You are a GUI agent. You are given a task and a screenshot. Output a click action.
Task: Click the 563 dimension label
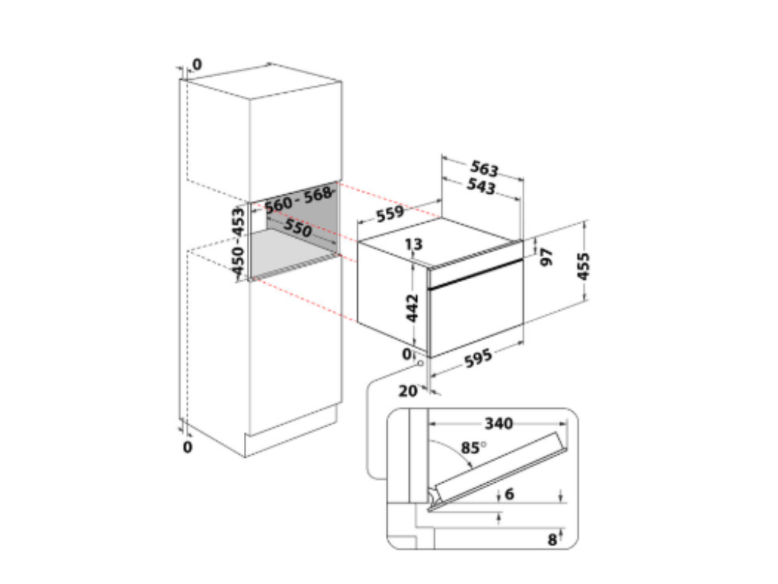tap(484, 168)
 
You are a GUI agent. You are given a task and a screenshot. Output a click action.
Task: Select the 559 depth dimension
tap(390, 214)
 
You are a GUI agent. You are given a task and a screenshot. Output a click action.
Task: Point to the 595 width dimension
tap(478, 358)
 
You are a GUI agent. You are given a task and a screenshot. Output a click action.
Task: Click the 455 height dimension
tap(583, 266)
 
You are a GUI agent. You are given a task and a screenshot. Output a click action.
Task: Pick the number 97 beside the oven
tap(546, 257)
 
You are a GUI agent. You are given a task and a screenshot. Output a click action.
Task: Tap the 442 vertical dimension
tap(413, 308)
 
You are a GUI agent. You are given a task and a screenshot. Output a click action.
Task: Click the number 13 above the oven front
tap(413, 244)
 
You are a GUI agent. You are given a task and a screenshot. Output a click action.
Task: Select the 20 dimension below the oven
tap(408, 391)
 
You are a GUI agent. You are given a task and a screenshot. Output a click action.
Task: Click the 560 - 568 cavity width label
tap(298, 199)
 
